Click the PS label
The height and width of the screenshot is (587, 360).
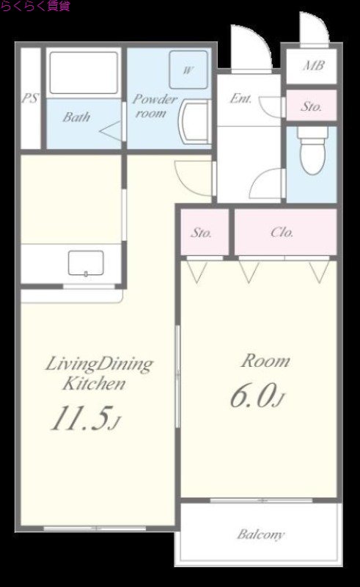[30, 98]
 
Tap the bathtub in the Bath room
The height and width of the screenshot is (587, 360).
[84, 73]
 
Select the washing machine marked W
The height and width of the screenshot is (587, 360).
[188, 70]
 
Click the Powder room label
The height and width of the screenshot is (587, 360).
[154, 106]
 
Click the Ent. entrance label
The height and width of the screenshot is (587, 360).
[240, 98]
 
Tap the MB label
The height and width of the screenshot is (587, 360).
[313, 66]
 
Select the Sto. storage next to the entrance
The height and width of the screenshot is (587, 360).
[312, 106]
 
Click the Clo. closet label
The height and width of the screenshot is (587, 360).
[282, 233]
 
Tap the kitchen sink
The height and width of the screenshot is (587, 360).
[86, 263]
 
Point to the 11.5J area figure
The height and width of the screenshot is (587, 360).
[84, 418]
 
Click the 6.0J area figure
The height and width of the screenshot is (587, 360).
[257, 395]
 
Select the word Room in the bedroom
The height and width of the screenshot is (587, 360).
[265, 361]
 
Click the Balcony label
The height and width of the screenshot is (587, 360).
[261, 534]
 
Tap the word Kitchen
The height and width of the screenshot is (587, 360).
[94, 384]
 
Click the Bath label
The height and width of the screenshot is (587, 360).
[76, 117]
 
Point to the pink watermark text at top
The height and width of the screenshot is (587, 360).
[35, 6]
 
